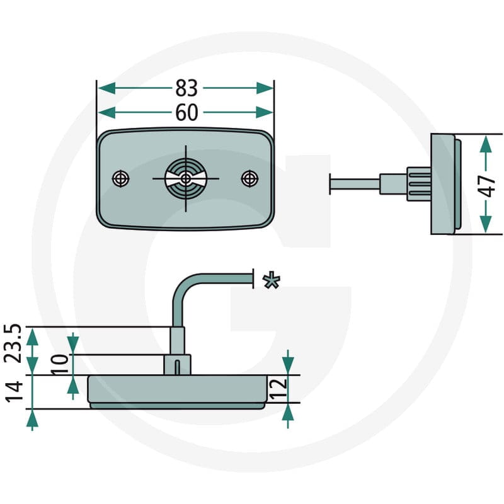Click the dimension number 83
[x=186, y=88]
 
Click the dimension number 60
[x=186, y=113]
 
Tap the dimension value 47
[x=486, y=186]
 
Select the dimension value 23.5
[x=13, y=343]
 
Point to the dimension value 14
[x=14, y=392]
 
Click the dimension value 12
[x=278, y=389]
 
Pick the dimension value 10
[x=60, y=364]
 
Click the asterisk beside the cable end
[x=272, y=280]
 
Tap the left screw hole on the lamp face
[x=121, y=179]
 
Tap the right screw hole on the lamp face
[x=249, y=178]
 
